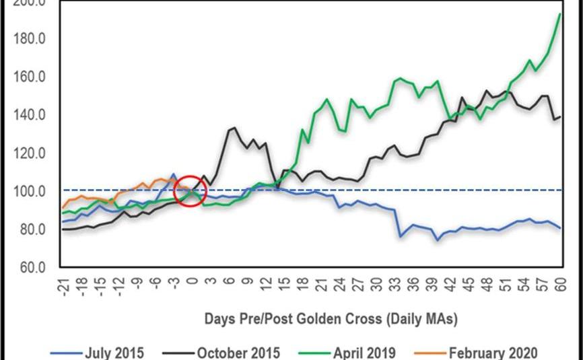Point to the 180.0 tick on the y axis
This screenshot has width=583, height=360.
(x=28, y=39)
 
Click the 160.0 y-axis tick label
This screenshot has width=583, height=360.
(x=28, y=77)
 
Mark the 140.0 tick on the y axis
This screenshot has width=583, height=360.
(x=28, y=115)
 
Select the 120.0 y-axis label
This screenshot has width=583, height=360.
(x=28, y=153)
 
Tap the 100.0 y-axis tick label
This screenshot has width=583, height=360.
(x=28, y=192)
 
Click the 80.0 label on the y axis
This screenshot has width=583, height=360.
(x=31, y=230)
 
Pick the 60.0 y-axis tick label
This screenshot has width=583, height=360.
(x=31, y=268)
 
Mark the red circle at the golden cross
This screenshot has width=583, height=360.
(x=190, y=191)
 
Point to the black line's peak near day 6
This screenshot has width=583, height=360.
(x=234, y=128)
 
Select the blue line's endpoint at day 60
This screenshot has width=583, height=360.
(x=560, y=228)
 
